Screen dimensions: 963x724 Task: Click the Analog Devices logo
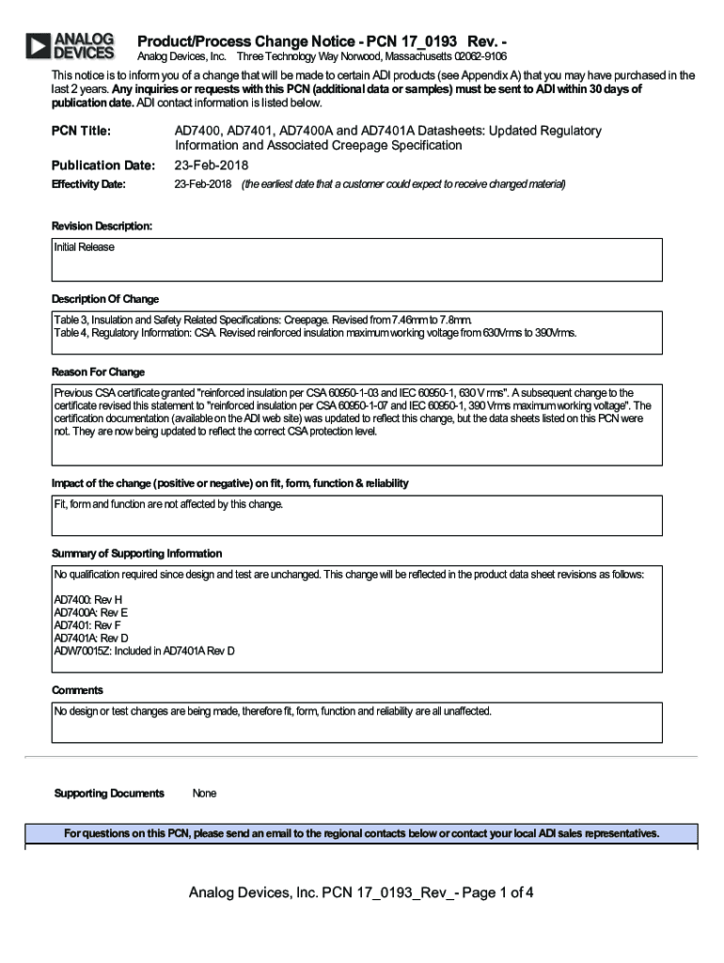point(71,46)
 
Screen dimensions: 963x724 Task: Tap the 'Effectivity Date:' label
point(88,184)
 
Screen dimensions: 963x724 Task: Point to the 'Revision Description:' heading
point(102,227)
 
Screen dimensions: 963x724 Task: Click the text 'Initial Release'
point(85,247)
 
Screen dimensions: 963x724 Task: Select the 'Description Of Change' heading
point(105,299)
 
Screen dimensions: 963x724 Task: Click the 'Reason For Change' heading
point(98,372)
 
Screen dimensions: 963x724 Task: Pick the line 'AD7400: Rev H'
point(88,599)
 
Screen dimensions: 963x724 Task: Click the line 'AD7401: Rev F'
point(87,624)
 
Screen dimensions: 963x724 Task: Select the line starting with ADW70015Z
point(144,651)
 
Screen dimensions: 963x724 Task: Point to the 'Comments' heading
point(77,690)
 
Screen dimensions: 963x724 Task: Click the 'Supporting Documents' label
point(109,794)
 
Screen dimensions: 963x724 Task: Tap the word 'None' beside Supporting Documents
point(204,794)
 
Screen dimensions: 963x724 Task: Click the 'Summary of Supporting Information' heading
point(136,554)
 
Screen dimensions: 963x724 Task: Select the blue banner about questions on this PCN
point(361,833)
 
